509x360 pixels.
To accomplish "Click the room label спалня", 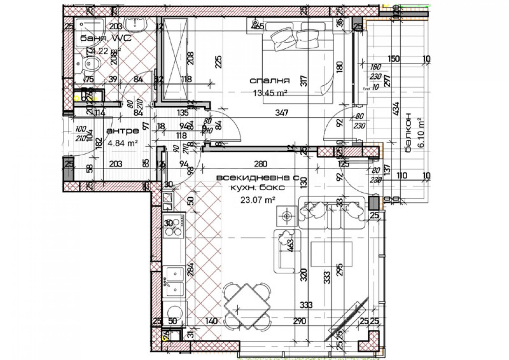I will (269, 81).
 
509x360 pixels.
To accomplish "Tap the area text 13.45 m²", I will (270, 93).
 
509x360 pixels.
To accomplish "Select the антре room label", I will (122, 131).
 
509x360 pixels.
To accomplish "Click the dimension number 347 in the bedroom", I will (282, 112).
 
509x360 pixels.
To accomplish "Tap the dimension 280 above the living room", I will (261, 164).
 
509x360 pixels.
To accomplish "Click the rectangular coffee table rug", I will (331, 254).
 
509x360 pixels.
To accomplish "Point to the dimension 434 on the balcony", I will (396, 109).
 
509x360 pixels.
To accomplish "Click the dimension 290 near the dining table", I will (299, 321).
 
